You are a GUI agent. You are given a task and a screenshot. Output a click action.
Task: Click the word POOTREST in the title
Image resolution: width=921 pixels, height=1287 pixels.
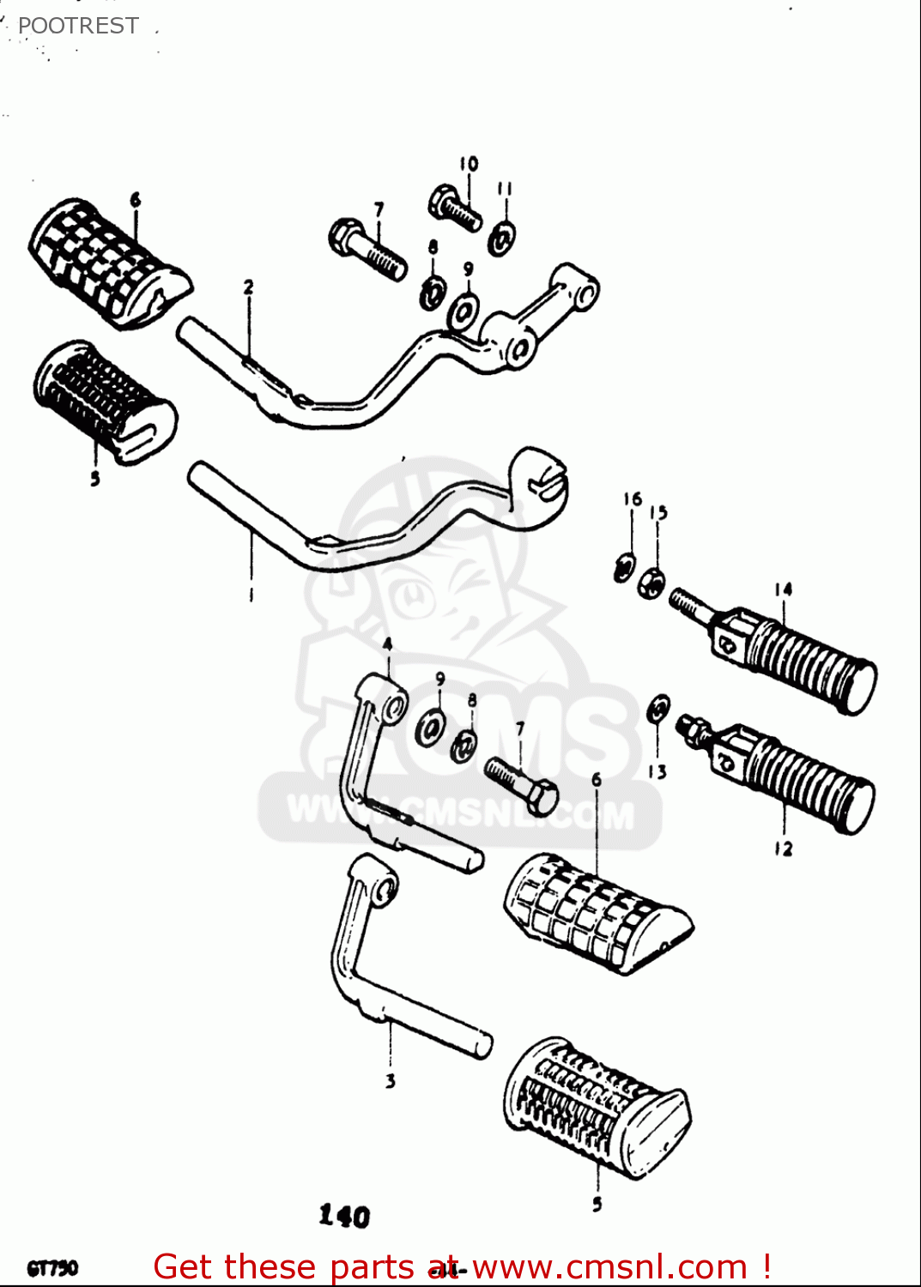point(78,26)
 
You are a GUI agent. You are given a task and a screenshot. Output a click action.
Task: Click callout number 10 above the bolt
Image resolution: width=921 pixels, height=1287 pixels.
point(468,164)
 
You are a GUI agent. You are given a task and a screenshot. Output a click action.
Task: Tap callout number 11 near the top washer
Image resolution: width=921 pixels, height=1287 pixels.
point(505,188)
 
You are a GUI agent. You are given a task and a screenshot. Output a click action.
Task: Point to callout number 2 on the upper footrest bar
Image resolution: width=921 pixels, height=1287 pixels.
point(248,287)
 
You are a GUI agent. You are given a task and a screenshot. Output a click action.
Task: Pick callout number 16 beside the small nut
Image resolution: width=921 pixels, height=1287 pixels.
point(632,498)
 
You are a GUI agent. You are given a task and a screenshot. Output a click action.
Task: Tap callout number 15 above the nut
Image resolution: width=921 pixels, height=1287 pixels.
point(657,512)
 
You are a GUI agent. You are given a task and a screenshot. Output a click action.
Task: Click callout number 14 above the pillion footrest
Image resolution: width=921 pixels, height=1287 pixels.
point(783,589)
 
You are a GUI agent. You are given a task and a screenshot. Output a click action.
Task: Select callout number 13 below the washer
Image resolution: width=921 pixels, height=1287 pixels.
point(657,771)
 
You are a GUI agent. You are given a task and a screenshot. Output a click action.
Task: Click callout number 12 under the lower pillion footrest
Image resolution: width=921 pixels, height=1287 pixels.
point(783,849)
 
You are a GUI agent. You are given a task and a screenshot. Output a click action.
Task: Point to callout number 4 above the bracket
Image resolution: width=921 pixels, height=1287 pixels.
point(387,643)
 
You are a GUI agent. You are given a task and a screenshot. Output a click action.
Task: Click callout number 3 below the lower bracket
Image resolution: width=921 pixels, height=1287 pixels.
point(390,1081)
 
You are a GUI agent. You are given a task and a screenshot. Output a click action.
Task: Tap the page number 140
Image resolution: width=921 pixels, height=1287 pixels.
point(344,1215)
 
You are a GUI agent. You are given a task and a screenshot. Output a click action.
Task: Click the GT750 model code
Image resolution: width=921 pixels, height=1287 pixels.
point(52,1268)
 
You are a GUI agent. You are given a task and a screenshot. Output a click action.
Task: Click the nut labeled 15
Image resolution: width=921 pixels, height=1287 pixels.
point(651,583)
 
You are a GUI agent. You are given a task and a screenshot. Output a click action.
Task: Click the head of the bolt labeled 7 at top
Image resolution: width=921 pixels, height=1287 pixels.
point(344,236)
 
